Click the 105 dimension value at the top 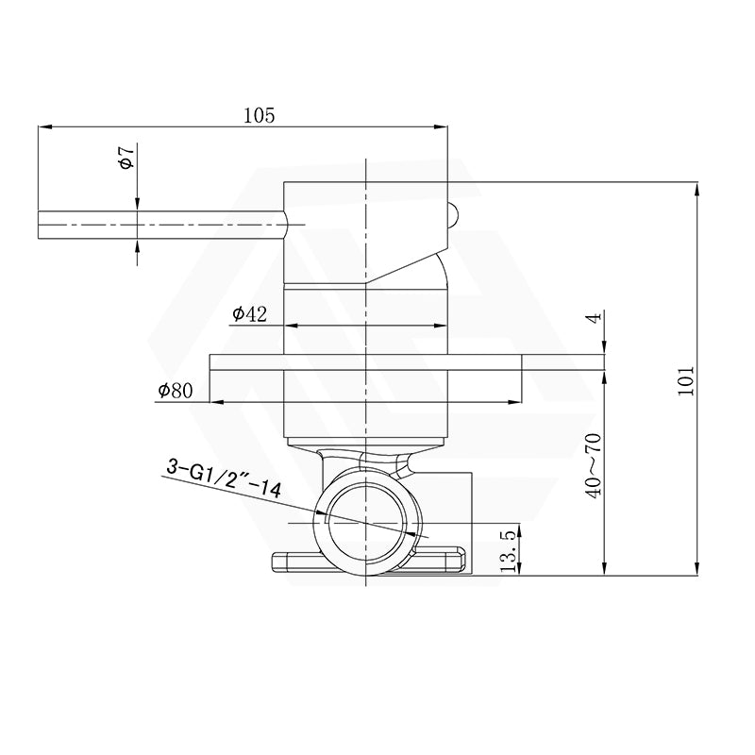pos(259,115)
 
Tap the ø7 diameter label pos(126,158)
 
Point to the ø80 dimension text pos(176,389)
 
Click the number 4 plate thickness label pos(593,319)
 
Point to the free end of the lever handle pos(42,224)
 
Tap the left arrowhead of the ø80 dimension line pos(215,401)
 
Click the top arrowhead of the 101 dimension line pos(696,187)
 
